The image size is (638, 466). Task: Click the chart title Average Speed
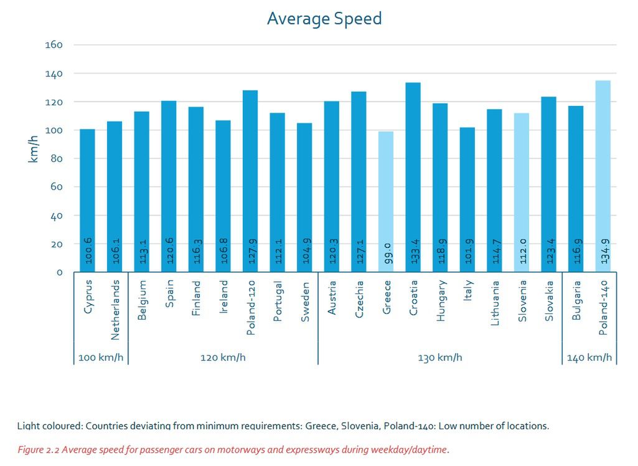(324, 19)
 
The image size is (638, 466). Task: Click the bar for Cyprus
(87, 200)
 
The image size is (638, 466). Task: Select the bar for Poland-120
(250, 181)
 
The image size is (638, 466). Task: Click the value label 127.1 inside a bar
(359, 249)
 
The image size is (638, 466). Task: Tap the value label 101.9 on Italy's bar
(467, 249)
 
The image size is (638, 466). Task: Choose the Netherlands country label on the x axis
(115, 310)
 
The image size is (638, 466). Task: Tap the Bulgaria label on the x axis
(576, 300)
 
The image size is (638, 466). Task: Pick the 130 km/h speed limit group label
(440, 358)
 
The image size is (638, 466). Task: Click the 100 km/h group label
(100, 358)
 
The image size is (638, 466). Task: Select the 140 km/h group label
(589, 358)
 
